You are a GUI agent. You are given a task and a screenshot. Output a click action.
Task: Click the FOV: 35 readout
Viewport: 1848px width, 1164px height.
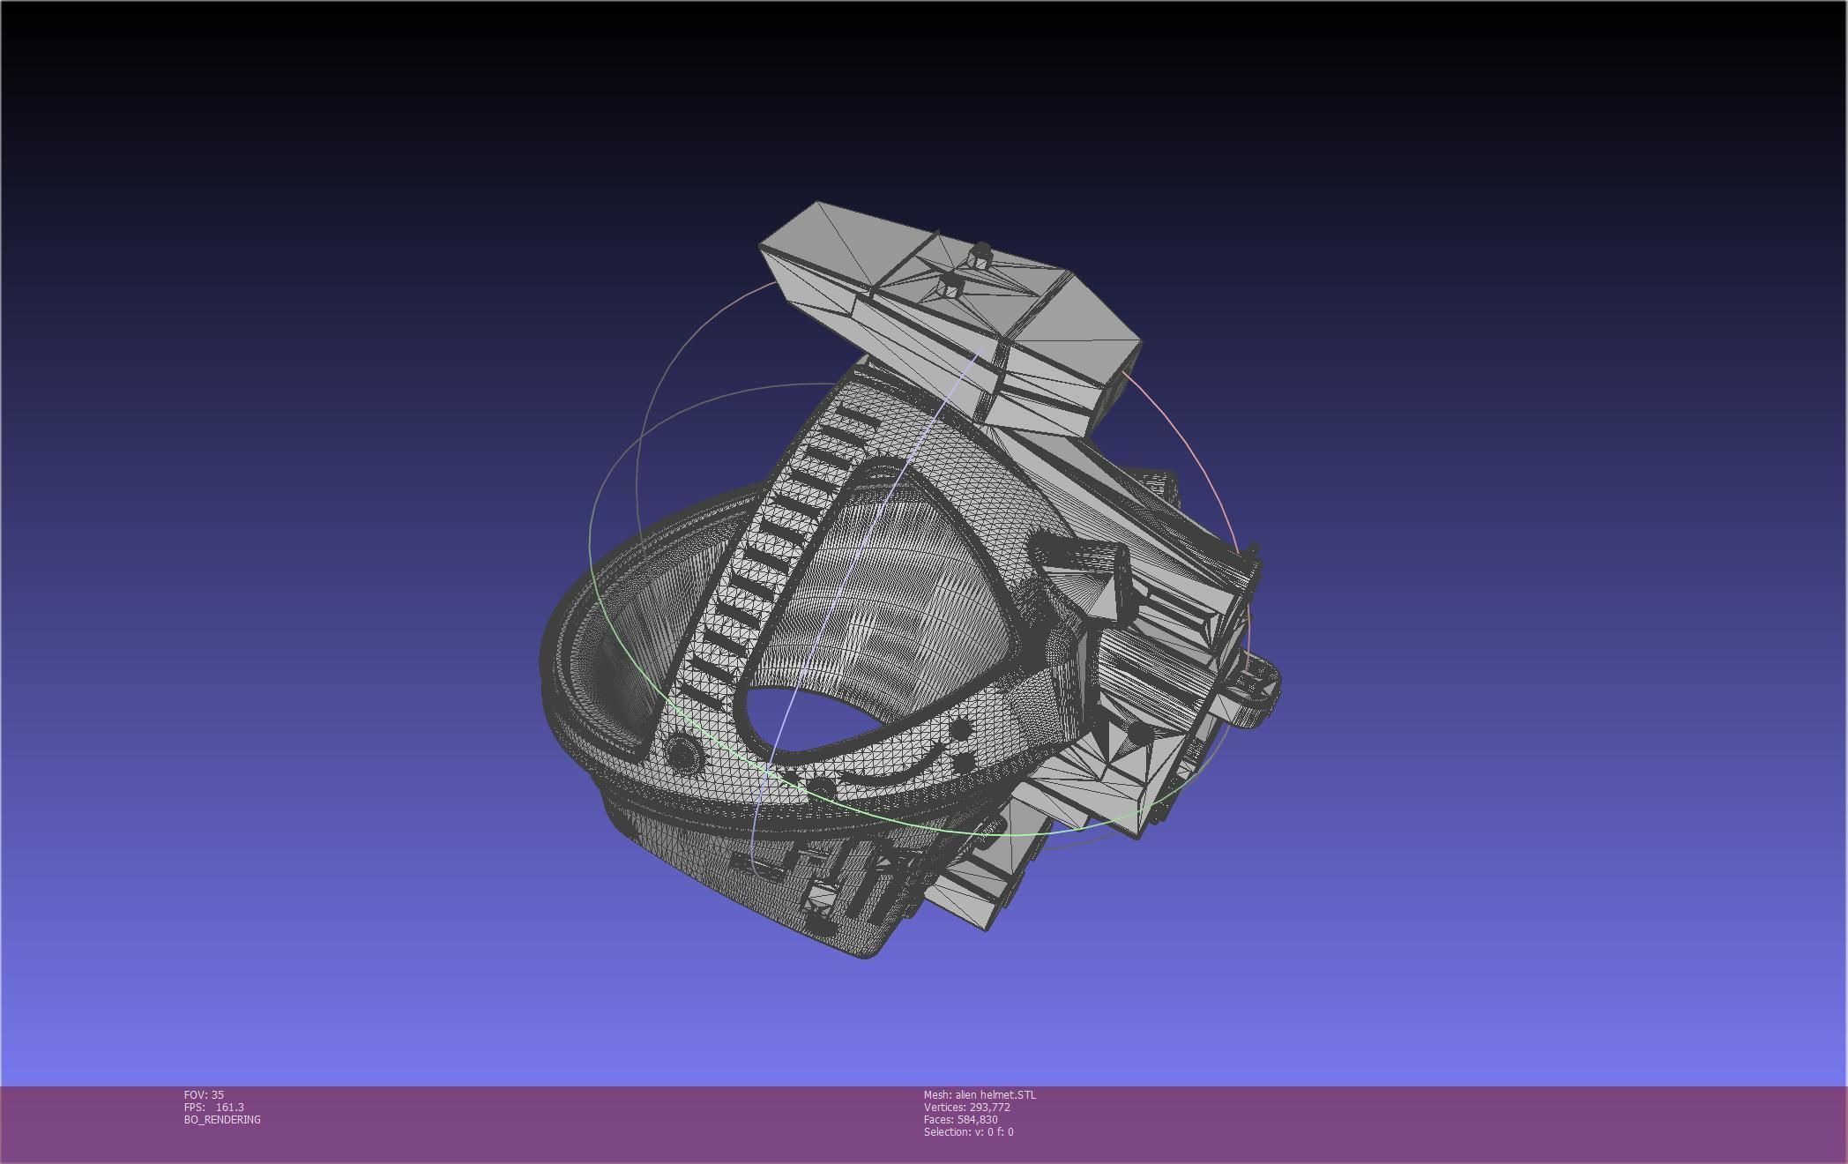point(204,1094)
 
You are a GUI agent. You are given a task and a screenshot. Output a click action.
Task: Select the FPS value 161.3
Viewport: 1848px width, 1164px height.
point(229,1107)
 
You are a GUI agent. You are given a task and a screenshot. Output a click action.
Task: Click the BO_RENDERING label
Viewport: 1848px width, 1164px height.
point(222,1119)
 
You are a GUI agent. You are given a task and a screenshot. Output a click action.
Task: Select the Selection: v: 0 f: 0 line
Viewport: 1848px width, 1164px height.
point(968,1131)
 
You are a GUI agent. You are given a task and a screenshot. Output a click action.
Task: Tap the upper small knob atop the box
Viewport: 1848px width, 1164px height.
point(980,254)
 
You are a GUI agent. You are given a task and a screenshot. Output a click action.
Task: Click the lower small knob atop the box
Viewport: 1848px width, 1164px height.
point(951,284)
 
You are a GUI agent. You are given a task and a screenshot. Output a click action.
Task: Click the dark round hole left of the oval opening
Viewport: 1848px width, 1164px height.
point(682,752)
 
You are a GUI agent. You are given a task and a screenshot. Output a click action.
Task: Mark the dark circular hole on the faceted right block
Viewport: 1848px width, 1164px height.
point(1139,732)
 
